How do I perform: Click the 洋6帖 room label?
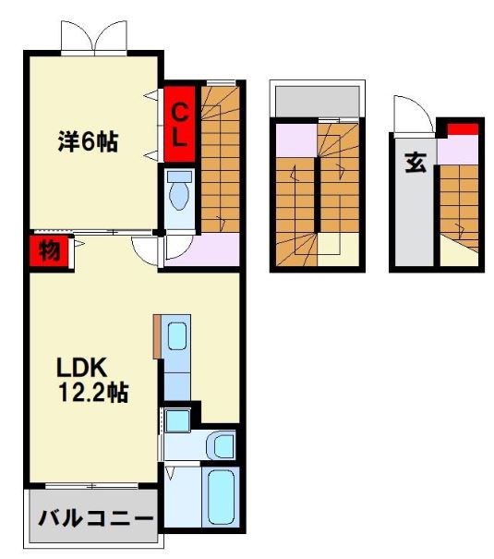click(88, 142)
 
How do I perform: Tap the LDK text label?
click(82, 368)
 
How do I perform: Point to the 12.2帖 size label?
click(93, 393)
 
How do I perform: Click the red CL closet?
click(179, 124)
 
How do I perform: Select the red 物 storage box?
click(49, 250)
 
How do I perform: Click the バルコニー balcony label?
click(95, 518)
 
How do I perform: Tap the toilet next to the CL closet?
click(179, 191)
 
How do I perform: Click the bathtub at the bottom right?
click(222, 496)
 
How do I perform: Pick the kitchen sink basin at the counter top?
click(177, 336)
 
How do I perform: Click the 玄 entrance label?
click(416, 163)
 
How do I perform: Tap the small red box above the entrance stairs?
click(463, 129)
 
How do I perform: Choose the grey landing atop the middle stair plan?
click(318, 101)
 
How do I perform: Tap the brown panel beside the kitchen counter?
click(157, 336)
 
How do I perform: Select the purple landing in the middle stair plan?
click(296, 140)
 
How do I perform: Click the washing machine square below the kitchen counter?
click(177, 421)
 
